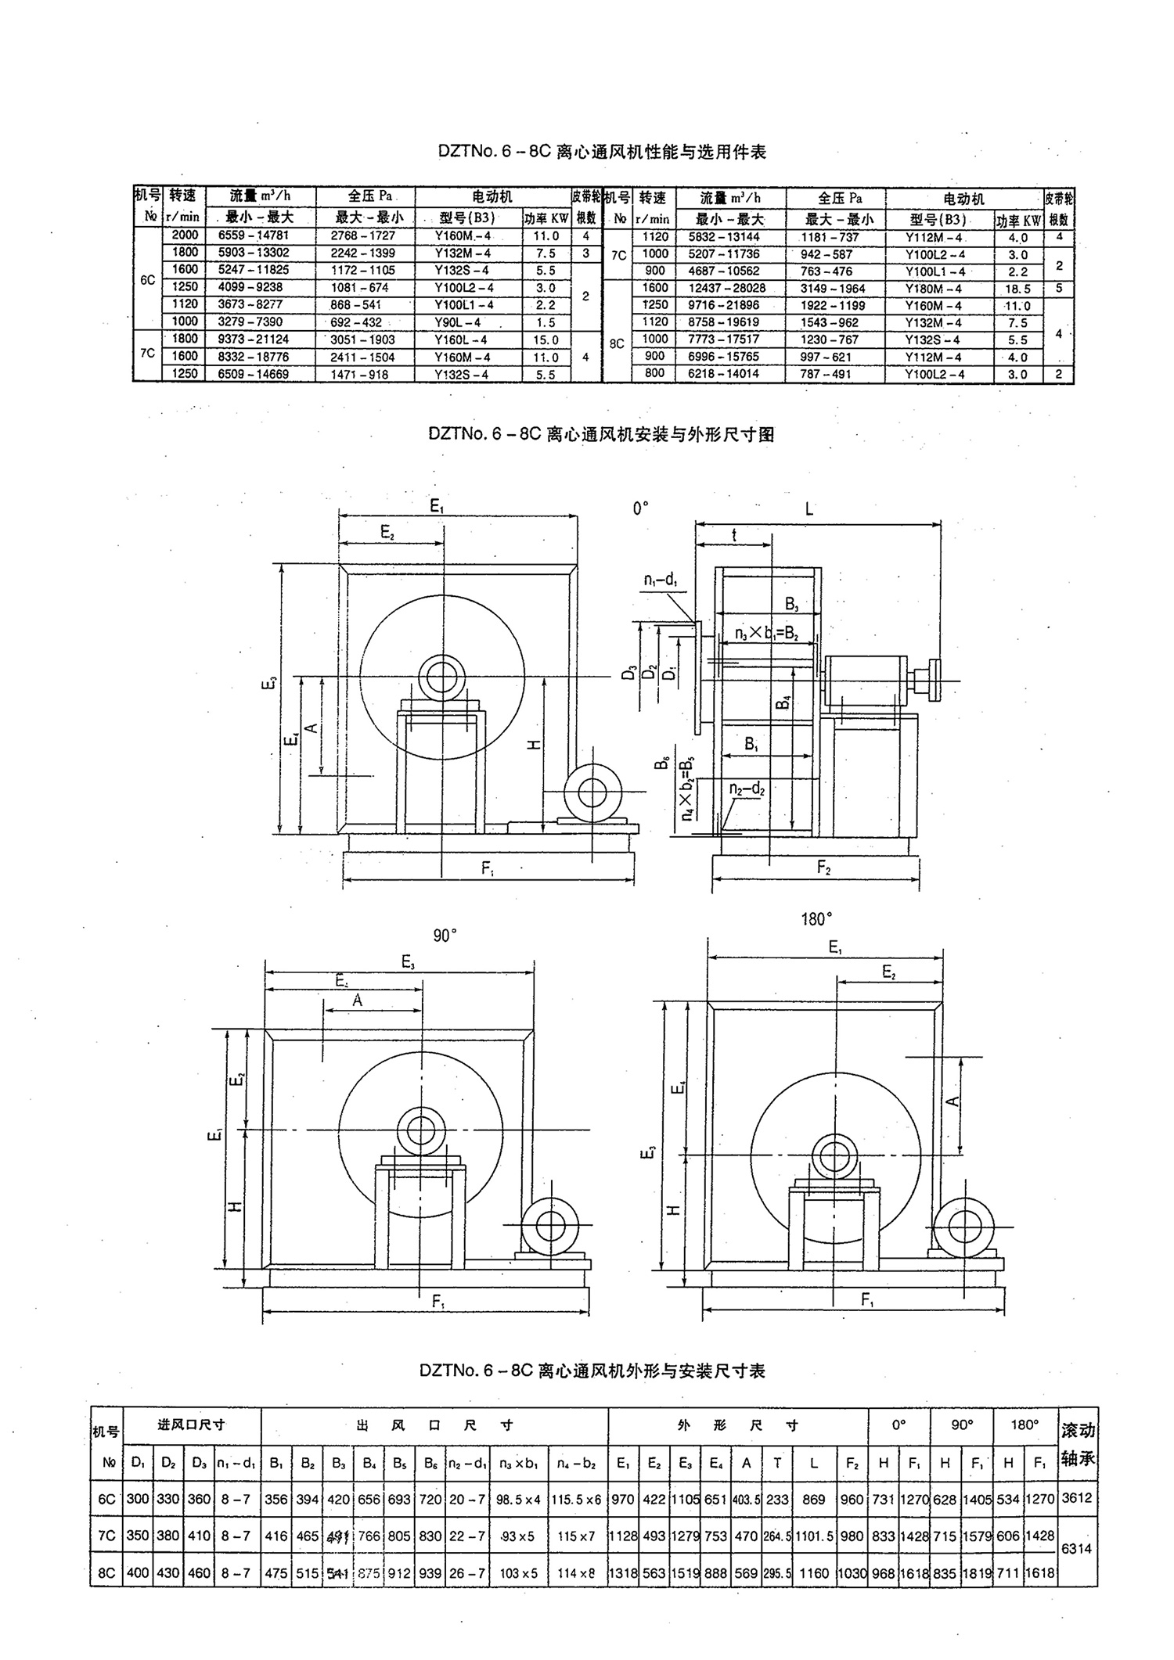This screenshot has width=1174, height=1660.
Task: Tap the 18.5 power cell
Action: click(x=1018, y=289)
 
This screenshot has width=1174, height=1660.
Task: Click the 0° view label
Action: click(x=641, y=509)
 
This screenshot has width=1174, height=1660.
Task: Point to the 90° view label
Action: click(x=445, y=936)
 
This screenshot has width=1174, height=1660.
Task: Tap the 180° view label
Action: click(x=817, y=920)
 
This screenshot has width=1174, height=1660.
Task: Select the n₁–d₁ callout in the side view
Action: click(x=661, y=580)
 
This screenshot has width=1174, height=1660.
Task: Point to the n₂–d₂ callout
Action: click(x=747, y=789)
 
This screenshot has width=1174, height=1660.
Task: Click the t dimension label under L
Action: click(x=734, y=535)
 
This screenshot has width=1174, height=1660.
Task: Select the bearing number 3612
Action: click(x=1078, y=1498)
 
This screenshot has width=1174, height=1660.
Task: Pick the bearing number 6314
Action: click(x=1078, y=1548)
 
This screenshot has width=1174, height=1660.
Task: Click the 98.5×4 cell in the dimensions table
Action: click(x=518, y=1499)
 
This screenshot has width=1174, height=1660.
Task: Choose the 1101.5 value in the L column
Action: click(x=815, y=1536)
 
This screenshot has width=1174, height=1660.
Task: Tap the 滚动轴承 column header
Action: click(x=1078, y=1444)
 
